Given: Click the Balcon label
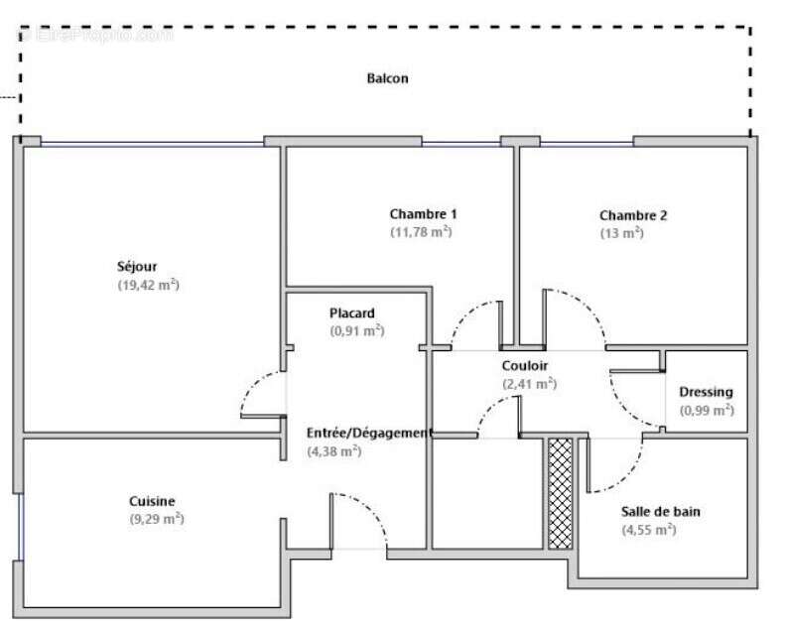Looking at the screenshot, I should [387, 78].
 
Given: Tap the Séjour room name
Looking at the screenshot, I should [137, 266].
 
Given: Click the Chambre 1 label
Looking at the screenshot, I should [423, 214].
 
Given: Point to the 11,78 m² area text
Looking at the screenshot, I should [421, 232].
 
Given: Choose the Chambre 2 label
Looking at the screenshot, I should [633, 215].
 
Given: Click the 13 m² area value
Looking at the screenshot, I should [621, 233].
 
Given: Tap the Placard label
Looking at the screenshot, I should [352, 314].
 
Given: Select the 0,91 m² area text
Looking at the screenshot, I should [356, 331].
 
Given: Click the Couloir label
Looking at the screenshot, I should [524, 365].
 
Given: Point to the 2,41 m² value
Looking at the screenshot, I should [529, 384].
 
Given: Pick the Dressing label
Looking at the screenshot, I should [706, 392].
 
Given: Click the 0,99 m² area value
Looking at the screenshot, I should [707, 410].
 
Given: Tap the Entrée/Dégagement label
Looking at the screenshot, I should [369, 433].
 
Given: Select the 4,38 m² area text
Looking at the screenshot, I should [334, 451].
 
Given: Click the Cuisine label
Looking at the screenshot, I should [152, 501].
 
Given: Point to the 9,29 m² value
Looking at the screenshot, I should [157, 519].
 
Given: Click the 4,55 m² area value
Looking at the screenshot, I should [649, 530].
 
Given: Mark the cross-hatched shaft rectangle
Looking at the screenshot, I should [561, 493].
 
